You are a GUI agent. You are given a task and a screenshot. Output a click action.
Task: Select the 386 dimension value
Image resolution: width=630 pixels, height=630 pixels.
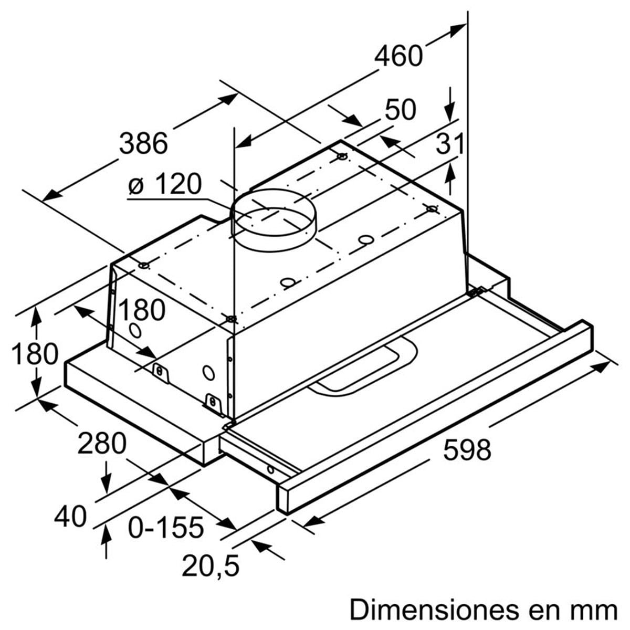[143, 143]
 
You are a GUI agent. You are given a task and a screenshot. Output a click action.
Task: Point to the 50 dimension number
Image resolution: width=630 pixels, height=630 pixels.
[401, 110]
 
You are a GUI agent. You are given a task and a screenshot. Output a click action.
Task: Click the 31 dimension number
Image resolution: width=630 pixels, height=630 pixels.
[450, 144]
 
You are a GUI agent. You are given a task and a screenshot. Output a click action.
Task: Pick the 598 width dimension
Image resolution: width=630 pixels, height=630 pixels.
[467, 450]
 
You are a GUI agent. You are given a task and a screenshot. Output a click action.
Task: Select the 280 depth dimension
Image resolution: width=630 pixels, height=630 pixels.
[102, 444]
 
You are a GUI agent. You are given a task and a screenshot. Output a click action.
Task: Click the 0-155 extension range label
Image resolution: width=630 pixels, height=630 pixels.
[166, 527]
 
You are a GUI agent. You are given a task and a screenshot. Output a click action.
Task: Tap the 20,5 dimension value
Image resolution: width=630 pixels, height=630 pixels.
[211, 565]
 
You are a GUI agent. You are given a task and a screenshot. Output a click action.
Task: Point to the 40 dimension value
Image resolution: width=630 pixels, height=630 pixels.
[70, 517]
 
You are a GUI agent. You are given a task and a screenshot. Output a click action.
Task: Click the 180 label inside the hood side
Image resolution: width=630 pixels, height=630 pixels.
[141, 310]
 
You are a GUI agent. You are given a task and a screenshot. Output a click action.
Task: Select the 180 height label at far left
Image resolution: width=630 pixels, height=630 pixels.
[35, 354]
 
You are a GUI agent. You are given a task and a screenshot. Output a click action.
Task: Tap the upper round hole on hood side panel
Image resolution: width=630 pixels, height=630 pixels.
[135, 331]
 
